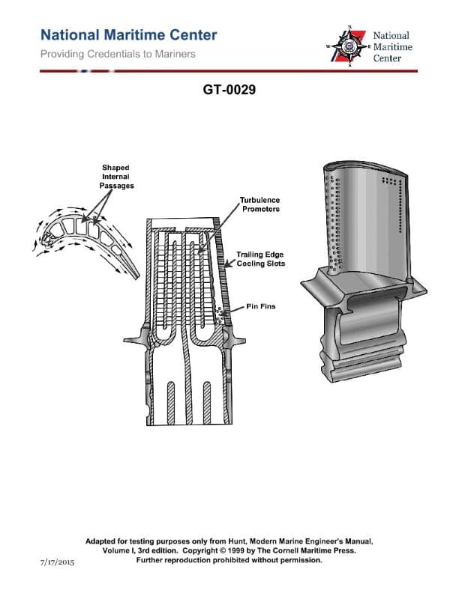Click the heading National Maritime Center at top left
128,34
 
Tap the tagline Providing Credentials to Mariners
117,54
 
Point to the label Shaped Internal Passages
116,177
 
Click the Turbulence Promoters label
259,205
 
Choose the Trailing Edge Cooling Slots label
260,259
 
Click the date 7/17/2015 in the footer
57,560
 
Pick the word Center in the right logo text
388,58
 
